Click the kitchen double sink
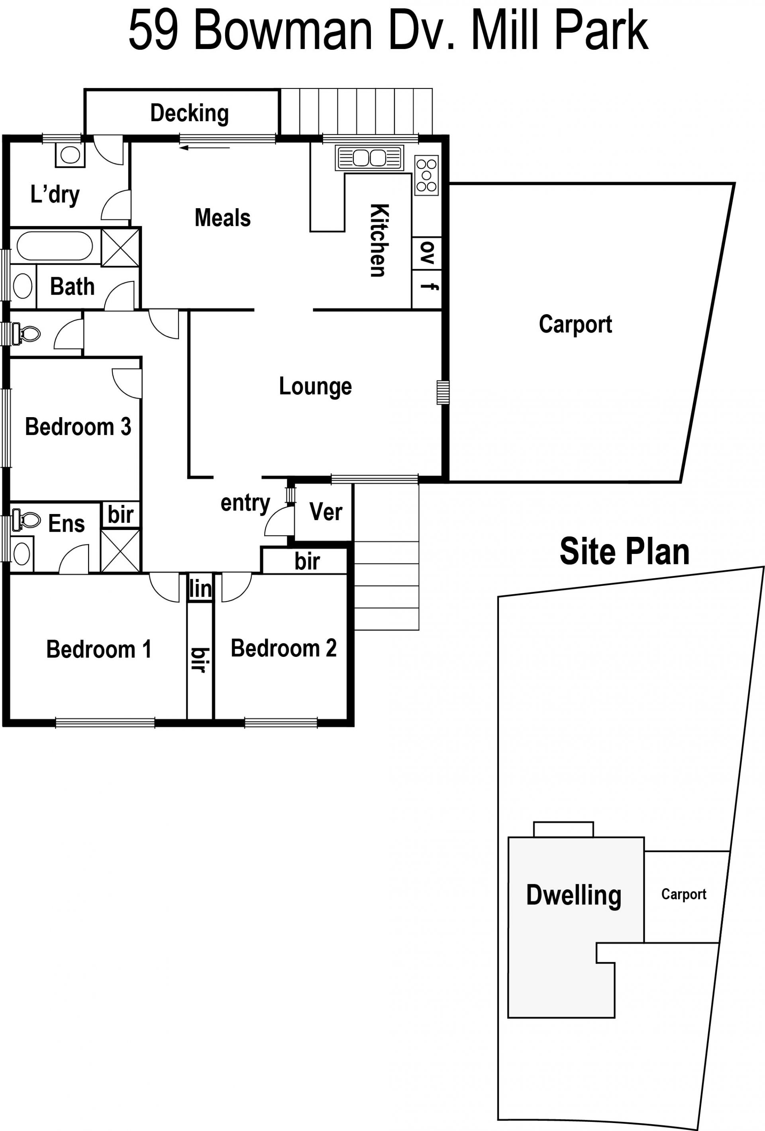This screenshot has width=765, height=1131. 369,158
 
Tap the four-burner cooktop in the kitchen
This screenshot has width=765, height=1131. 426,175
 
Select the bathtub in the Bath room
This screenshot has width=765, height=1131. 55,246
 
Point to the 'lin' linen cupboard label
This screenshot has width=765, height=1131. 200,589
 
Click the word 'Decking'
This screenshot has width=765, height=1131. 189,113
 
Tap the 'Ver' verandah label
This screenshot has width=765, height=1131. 326,512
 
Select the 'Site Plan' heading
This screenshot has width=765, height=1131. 624,552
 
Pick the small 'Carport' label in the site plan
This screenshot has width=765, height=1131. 684,895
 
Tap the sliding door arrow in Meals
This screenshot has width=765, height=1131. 204,148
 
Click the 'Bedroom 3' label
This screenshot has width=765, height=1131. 78,427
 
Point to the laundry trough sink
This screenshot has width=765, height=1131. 71,155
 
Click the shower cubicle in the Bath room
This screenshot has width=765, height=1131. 120,248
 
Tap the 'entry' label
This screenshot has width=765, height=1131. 245,504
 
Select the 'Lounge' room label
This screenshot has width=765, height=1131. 315,387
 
